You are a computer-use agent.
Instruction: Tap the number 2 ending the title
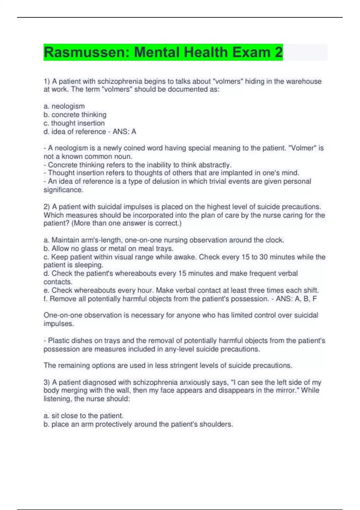(x=278, y=52)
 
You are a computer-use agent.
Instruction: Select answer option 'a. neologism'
(x=64, y=106)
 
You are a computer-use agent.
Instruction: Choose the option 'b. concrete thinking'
(x=75, y=115)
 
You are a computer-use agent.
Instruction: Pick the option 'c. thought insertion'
(x=74, y=123)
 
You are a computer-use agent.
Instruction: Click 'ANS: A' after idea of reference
(x=124, y=131)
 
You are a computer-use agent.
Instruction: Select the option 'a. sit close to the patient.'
(x=83, y=416)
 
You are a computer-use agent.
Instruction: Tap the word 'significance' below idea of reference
(x=63, y=190)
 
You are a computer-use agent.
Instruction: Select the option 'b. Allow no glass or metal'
(x=108, y=248)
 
